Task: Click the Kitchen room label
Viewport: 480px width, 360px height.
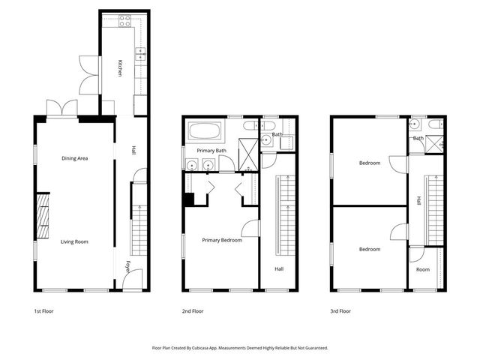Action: pos(118,67)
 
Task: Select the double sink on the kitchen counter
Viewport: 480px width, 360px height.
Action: pos(140,54)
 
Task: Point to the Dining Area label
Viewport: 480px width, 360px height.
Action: pos(75,158)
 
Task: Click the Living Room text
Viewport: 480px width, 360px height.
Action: pos(75,241)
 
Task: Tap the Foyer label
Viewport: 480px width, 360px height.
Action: pos(128,267)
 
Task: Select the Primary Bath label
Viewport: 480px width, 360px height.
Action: pos(211,151)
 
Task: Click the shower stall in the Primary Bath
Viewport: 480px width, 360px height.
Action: pos(247,153)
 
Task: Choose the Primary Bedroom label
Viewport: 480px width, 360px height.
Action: pos(222,240)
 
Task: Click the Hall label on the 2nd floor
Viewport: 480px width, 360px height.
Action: pos(279,268)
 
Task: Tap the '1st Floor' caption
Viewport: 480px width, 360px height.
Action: pos(44,310)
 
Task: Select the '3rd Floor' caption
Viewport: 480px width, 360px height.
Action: pos(340,310)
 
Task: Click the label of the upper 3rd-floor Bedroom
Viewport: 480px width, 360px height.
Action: pos(369,163)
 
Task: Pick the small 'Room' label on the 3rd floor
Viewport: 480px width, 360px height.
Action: pos(423,269)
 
